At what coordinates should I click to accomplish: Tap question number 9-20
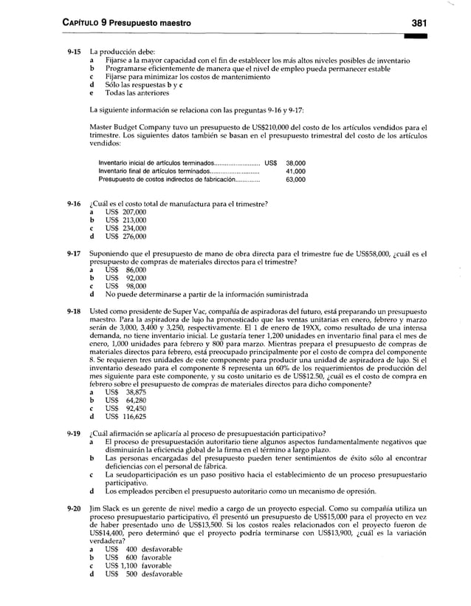(72, 509)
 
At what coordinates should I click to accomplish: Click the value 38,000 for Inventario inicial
(295, 163)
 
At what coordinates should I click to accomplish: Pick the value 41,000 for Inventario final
(295, 171)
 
